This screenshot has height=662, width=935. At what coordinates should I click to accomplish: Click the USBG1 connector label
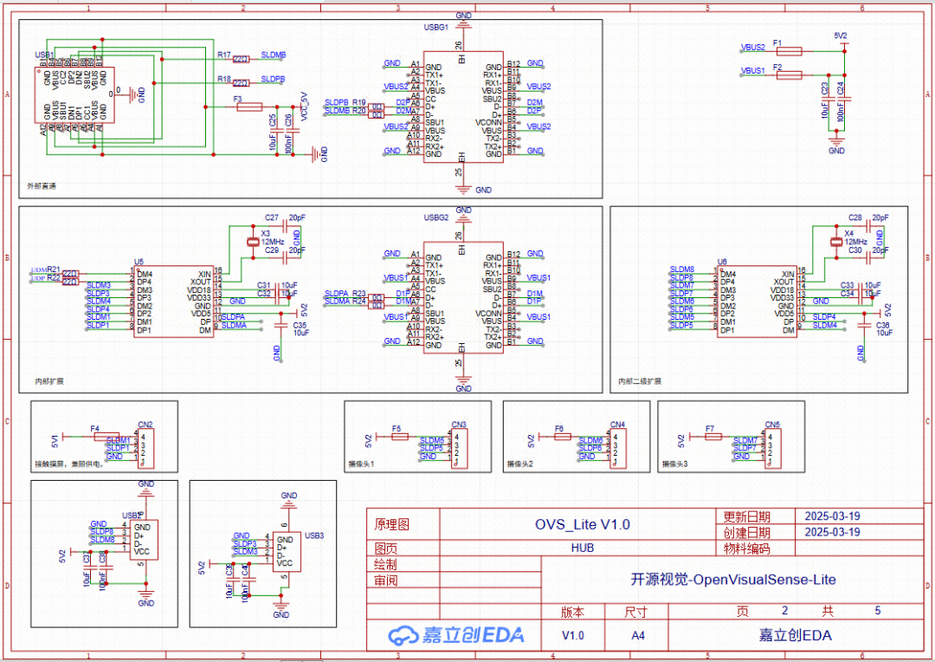436,28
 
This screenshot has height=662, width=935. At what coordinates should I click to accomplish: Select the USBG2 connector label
436,217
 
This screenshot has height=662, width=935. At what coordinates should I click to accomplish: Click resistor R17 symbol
242,59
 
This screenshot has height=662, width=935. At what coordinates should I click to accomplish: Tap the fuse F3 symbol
249,107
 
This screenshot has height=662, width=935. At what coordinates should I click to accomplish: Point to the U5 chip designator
139,261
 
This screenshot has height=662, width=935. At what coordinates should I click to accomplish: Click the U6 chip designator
722,261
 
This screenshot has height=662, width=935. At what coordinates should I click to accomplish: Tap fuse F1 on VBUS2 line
789,51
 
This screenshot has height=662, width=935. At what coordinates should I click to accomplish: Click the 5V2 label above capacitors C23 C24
840,36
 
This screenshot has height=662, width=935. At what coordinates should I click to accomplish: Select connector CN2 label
145,425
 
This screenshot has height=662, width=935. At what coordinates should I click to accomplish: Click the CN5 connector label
772,425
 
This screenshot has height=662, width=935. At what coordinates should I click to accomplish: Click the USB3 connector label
314,535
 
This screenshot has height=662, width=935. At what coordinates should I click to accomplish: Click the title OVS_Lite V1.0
582,524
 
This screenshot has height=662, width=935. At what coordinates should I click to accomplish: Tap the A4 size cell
637,635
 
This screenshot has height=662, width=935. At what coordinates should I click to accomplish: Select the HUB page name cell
582,548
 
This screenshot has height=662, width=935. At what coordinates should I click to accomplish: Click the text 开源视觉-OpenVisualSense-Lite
732,580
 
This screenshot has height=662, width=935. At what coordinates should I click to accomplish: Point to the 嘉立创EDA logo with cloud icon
456,635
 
